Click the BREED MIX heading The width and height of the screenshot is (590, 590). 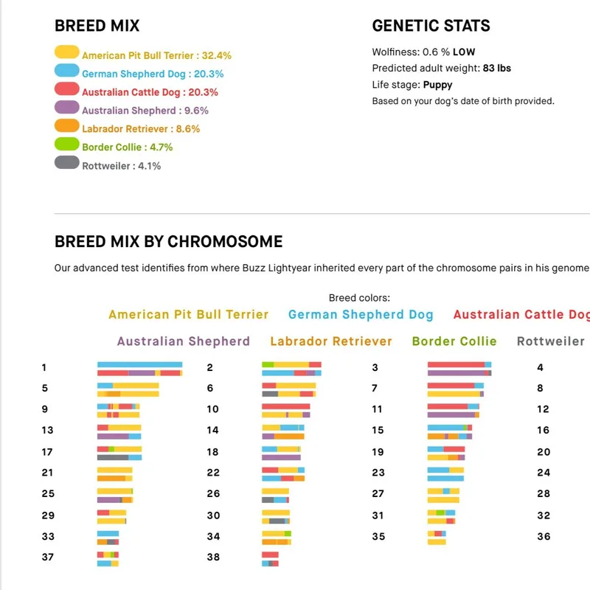coord(97,27)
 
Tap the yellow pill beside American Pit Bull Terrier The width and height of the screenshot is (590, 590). coord(66,52)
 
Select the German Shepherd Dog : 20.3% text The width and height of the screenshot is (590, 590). coord(153,74)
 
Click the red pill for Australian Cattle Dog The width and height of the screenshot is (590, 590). coord(66,89)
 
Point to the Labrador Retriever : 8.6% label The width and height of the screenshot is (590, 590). coord(141,128)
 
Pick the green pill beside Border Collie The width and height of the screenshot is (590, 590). coord(66,144)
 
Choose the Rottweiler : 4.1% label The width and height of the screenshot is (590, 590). coord(121,166)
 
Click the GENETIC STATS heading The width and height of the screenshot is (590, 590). coord(431,27)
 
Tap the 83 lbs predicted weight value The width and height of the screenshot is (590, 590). coord(497,68)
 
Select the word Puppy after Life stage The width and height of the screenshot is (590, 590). coord(438,85)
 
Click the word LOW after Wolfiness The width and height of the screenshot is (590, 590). coord(464,52)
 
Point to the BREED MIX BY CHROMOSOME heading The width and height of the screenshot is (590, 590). coord(168,242)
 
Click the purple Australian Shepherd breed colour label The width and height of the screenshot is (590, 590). coord(183,341)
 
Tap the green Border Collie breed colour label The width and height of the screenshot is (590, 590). coord(454,341)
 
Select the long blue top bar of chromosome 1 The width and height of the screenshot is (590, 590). coord(139,364)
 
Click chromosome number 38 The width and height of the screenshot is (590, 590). coord(213,557)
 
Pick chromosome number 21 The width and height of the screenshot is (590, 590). coord(48,472)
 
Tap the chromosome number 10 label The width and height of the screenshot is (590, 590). coord(213,409)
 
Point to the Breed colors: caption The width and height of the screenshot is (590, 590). coord(359,299)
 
